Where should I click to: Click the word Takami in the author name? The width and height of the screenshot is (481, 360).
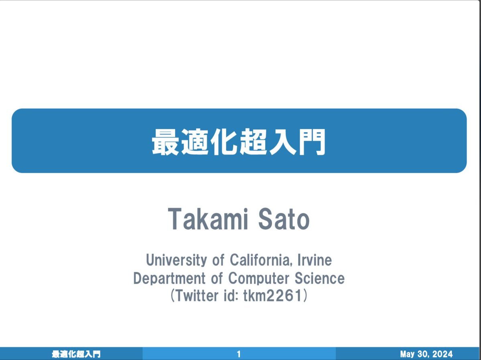click(x=208, y=219)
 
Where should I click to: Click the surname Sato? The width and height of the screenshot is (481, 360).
click(x=284, y=219)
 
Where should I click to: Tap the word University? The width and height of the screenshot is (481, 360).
click(x=177, y=260)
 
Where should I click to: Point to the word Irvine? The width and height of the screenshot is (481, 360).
click(x=315, y=260)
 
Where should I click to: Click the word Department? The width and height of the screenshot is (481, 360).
click(x=169, y=279)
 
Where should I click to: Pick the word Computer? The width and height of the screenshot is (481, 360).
click(x=259, y=279)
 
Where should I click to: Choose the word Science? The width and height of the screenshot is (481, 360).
click(x=320, y=278)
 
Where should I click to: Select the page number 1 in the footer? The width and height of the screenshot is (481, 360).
click(x=239, y=354)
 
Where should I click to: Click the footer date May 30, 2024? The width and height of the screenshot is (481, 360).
click(x=426, y=354)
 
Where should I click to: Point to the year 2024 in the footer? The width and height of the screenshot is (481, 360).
click(x=442, y=354)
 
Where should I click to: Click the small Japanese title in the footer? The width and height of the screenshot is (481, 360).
click(x=76, y=354)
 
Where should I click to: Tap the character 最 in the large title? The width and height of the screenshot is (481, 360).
click(x=165, y=142)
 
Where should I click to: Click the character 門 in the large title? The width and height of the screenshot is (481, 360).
click(x=312, y=142)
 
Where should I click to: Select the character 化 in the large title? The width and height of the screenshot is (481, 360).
click(x=224, y=142)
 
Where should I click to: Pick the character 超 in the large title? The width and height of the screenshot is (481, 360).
click(x=253, y=142)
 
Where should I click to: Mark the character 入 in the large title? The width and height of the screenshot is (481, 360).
click(x=282, y=142)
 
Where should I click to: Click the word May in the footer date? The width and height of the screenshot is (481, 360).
click(x=407, y=354)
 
